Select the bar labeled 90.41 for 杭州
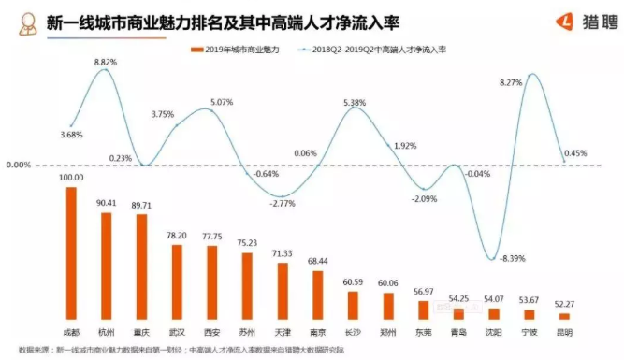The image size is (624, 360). [106, 266]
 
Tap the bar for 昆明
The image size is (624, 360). [564, 316]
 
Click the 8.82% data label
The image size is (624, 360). [105, 62]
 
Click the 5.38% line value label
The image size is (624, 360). [355, 102]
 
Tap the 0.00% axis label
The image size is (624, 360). [19, 165]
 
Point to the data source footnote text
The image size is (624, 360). [187, 349]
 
